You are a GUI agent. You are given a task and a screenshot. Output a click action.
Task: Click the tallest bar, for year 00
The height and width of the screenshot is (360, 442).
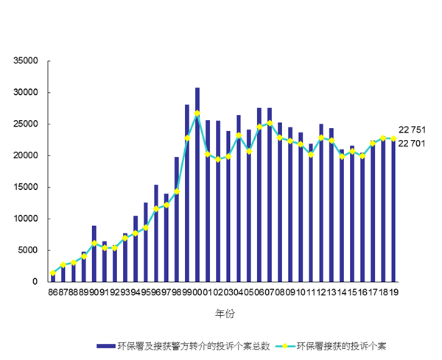[197, 184]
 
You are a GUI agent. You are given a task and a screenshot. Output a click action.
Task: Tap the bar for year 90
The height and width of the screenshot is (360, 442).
[94, 254]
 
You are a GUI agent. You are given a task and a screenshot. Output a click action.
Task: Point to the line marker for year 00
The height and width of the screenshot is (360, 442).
[197, 113]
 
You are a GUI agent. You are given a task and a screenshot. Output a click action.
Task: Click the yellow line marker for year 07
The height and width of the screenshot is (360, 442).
[270, 123]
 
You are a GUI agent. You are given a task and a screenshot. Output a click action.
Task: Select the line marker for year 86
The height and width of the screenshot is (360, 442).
[52, 273]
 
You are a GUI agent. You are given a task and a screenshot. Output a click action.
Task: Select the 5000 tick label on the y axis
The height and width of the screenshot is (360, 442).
[27, 250]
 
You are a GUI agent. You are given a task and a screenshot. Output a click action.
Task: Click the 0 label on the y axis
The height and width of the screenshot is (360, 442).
[34, 281]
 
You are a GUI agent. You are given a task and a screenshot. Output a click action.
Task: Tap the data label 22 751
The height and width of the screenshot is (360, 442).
[413, 130]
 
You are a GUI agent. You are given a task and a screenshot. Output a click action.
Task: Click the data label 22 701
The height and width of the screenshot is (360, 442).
[413, 144]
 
